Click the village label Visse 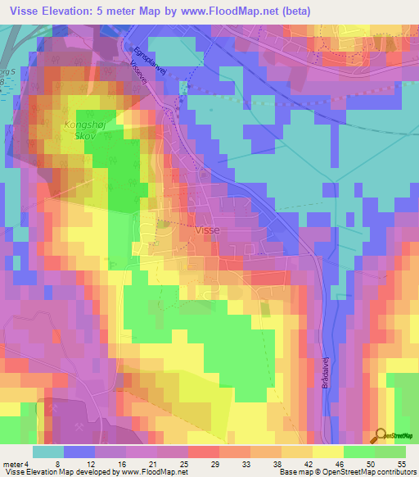coord(207,231)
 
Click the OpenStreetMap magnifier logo coord(379,436)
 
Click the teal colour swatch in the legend coord(49,452)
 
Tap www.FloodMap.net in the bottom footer coord(154,472)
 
